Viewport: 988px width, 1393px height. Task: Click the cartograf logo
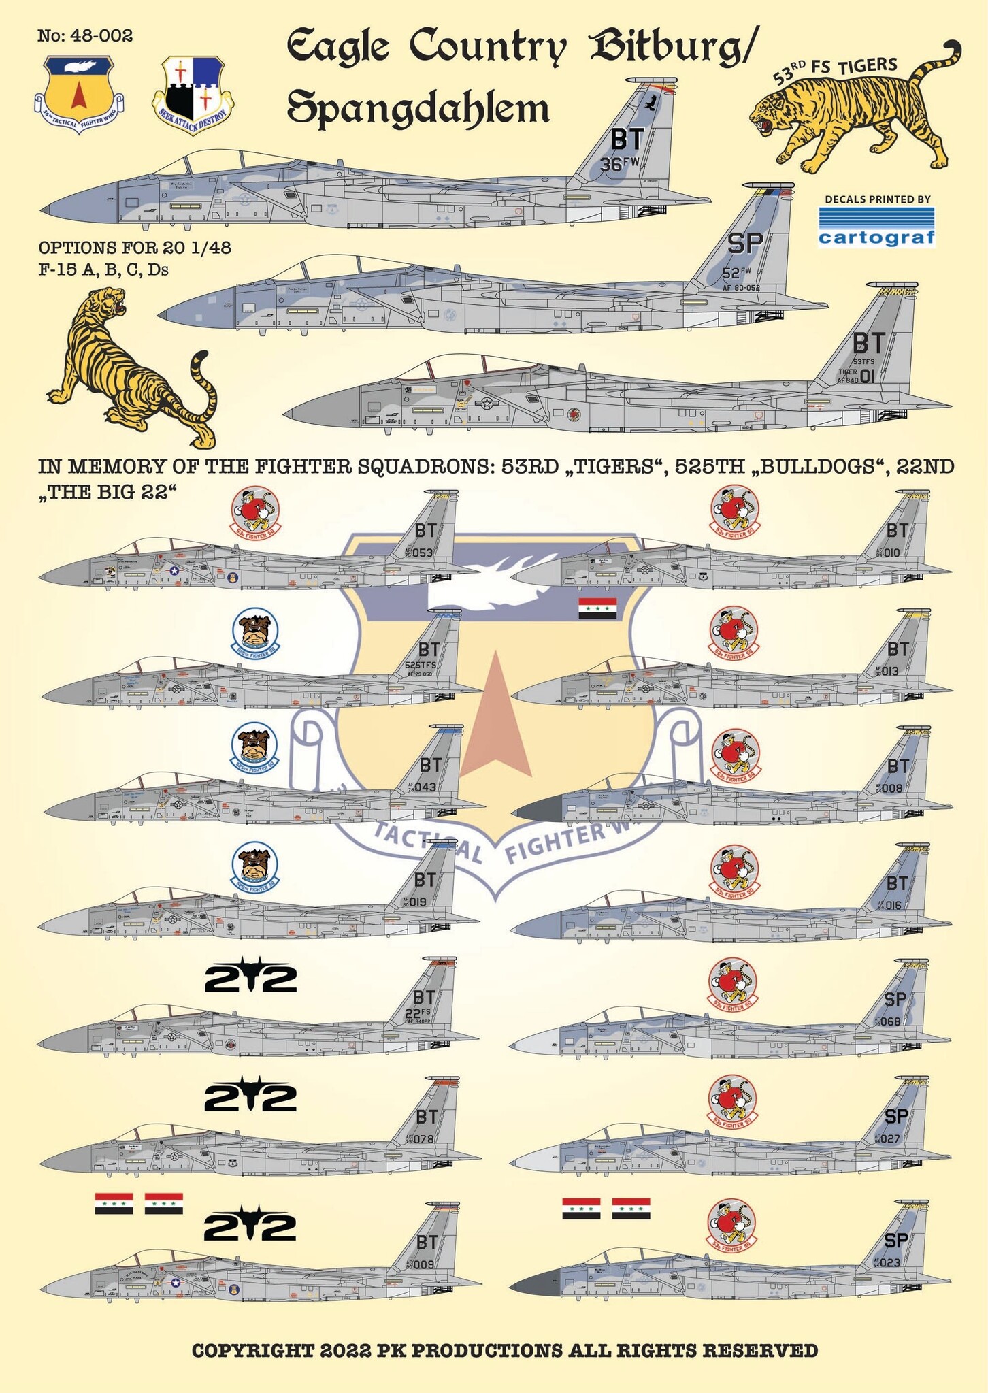pos(876,227)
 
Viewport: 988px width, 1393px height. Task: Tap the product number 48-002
pos(85,35)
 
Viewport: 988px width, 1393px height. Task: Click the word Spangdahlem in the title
pos(418,108)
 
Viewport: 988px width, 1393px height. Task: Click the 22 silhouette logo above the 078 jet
pos(250,1097)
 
